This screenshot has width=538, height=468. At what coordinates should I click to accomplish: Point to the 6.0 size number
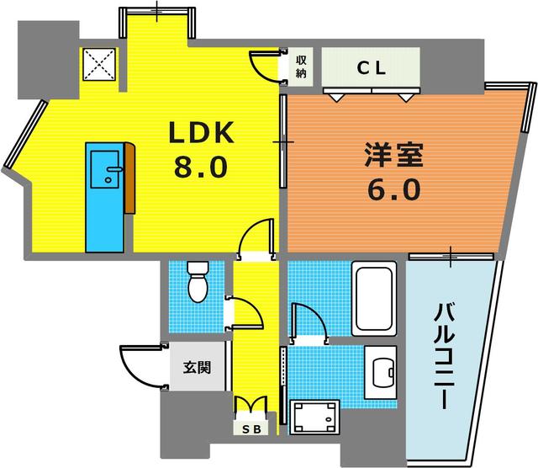pos(393,191)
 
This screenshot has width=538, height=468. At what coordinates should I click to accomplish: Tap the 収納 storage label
pos(301,67)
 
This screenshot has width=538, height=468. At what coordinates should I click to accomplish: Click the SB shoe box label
pos(252,428)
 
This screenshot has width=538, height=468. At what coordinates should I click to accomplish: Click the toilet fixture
pos(198,282)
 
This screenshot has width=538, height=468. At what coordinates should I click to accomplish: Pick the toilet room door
pos(245,312)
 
